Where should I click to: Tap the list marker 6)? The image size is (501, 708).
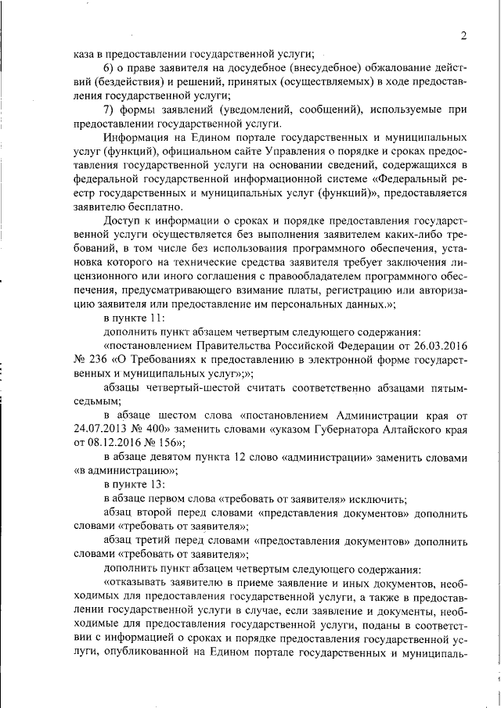coord(110,68)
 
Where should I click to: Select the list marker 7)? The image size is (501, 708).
coord(110,109)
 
